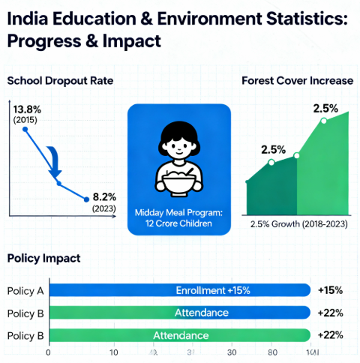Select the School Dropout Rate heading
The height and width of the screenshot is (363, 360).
tap(59, 80)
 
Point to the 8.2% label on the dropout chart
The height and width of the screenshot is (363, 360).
tap(104, 197)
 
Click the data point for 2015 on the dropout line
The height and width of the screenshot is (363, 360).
tap(25, 130)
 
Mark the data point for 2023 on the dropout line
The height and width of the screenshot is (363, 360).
tap(87, 199)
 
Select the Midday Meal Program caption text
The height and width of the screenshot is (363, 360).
tap(178, 217)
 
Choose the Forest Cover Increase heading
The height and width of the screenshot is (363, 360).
tap(296, 80)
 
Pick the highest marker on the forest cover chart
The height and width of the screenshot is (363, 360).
tap(323, 121)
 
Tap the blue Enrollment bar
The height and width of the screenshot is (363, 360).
tap(180, 290)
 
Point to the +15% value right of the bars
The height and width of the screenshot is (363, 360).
tap(331, 290)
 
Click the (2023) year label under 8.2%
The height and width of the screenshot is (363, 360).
tap(103, 208)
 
